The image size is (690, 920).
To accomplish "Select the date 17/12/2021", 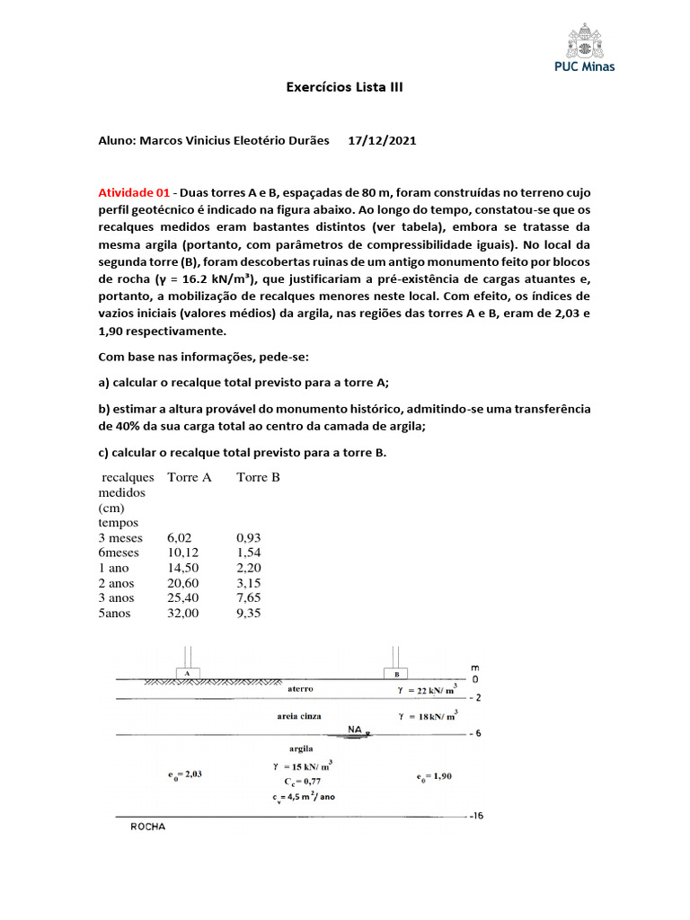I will click(382, 141).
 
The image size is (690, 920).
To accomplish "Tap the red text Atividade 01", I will click(134, 193).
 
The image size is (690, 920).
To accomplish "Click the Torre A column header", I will click(189, 477).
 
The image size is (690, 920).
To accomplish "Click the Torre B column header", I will click(258, 477).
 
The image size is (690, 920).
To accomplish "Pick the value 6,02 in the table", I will click(181, 537).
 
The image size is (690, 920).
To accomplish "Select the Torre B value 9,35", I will click(249, 613).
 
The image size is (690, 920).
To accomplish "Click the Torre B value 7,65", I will click(249, 597).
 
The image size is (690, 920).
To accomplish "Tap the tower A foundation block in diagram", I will click(186, 672).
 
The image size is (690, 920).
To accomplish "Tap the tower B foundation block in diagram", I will click(395, 672).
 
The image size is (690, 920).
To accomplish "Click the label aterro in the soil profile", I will click(300, 689).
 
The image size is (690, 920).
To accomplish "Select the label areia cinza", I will click(299, 716).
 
